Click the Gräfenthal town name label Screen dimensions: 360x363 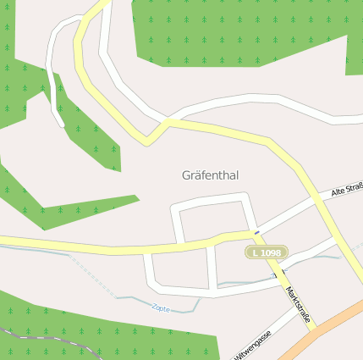pyautogui.click(x=210, y=175)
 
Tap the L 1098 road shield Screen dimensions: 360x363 pyautogui.click(x=267, y=252)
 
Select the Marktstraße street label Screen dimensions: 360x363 pyautogui.click(x=298, y=305)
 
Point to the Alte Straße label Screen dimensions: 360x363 pyautogui.click(x=346, y=191)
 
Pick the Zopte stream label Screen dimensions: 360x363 pyautogui.click(x=159, y=308)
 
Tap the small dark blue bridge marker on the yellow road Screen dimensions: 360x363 pyautogui.click(x=256, y=230)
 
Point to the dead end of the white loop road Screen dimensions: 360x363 pyautogui.click(x=61, y=125)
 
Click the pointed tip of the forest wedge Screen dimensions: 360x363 pyautogui.click(x=136, y=199)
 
